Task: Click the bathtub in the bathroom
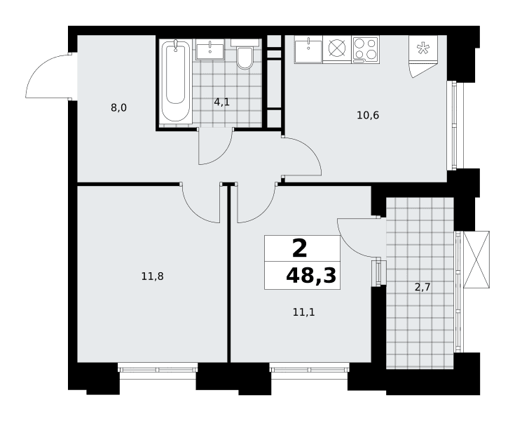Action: point(176,82)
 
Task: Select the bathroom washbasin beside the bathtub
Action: point(210,49)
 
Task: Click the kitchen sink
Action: point(308,49)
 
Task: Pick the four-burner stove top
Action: point(366,49)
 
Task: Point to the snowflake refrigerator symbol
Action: point(423,48)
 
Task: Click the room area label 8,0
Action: point(118,107)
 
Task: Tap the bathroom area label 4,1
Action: point(221,102)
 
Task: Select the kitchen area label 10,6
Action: point(368,116)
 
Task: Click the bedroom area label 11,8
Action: point(153,276)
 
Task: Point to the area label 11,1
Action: point(304,312)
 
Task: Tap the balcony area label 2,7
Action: point(423,288)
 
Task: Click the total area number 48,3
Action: point(311,275)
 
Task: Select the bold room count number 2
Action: point(300,248)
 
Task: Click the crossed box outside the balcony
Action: point(476,260)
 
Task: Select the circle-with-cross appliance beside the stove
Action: point(337,48)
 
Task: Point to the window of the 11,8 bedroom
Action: point(158,368)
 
